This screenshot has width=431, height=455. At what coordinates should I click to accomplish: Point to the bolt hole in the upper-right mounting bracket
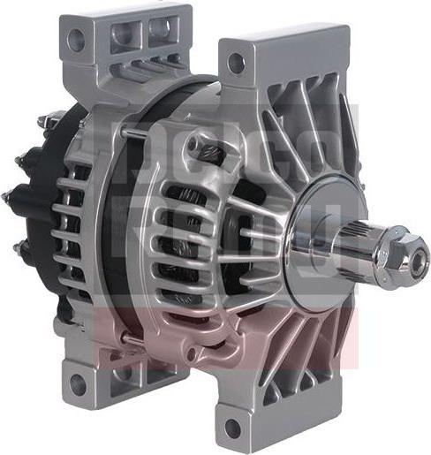(236, 62)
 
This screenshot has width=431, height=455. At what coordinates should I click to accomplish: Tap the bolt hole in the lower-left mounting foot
(79, 383)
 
